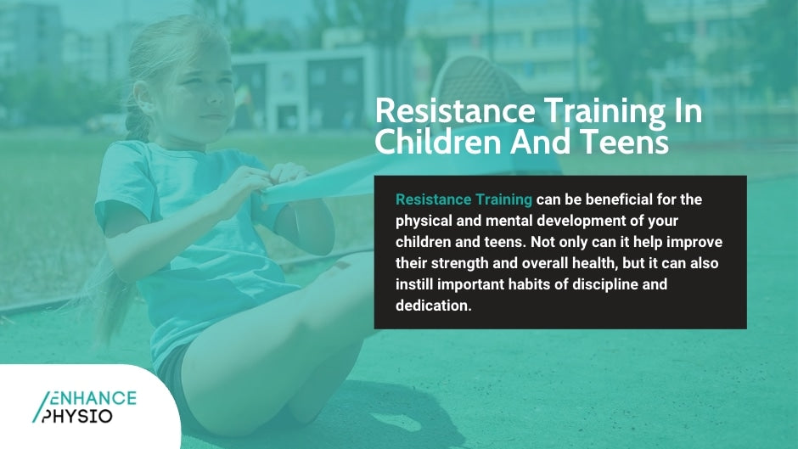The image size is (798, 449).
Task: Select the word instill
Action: point(415,284)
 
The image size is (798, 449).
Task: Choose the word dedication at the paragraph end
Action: point(432,306)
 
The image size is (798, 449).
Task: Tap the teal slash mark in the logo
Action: point(39,407)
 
